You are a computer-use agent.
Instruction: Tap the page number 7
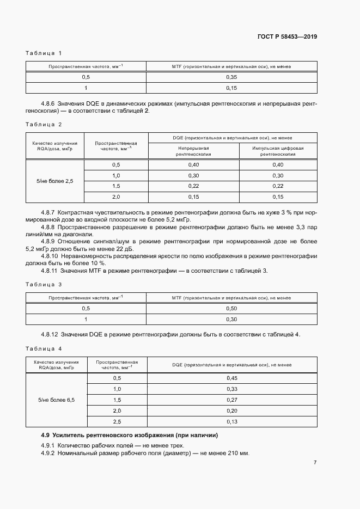click(315, 463)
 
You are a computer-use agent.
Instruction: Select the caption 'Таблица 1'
click(44, 53)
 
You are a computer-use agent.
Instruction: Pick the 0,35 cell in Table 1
click(231, 77)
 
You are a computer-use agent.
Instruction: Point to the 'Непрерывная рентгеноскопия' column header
click(192, 151)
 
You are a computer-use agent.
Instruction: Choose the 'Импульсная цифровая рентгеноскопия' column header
click(278, 151)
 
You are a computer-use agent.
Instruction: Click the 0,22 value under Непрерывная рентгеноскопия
click(193, 186)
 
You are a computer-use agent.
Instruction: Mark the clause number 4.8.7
click(50, 211)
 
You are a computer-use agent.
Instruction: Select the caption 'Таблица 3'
click(44, 285)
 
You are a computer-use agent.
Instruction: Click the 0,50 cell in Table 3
click(231, 309)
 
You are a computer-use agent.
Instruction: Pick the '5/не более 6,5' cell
click(56, 400)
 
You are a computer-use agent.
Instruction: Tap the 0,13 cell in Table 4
click(231, 421)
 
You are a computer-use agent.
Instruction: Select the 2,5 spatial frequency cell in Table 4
click(117, 421)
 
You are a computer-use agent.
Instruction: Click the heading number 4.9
click(46, 435)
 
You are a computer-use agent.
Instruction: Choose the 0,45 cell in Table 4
click(231, 378)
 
